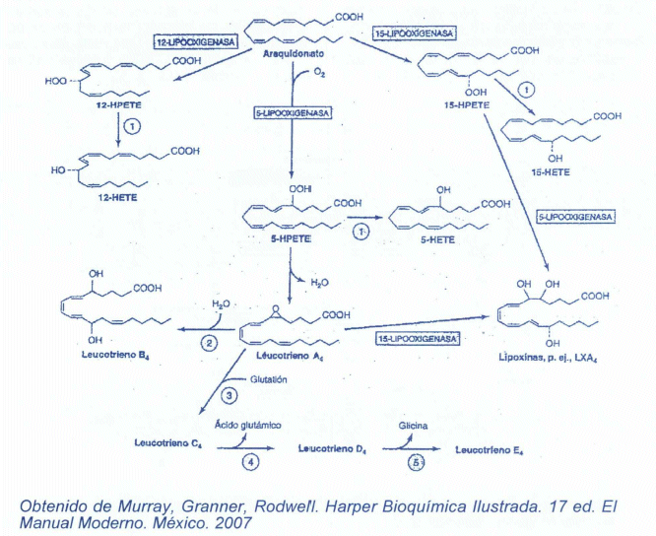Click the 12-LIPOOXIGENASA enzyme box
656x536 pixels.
[191, 43]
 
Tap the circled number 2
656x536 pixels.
[209, 343]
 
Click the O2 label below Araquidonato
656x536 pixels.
[321, 71]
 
